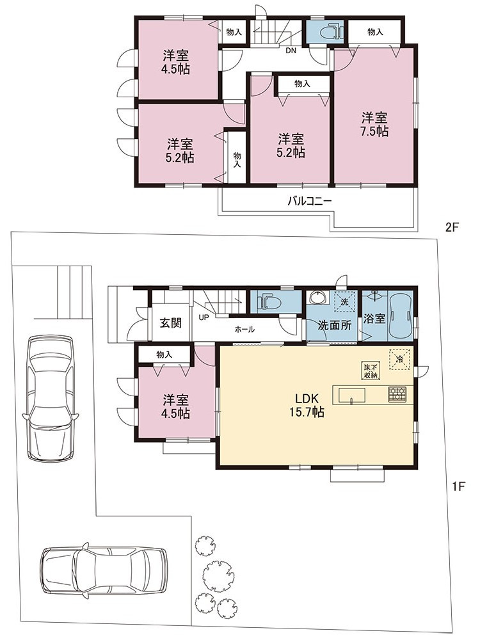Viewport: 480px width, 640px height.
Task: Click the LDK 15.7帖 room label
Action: [x=307, y=405]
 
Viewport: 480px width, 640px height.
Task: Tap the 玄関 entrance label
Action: [x=170, y=323]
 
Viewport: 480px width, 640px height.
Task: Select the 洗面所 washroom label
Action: [x=335, y=325]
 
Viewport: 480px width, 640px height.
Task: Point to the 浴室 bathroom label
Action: [x=374, y=318]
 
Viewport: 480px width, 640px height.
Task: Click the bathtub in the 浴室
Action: [x=401, y=317]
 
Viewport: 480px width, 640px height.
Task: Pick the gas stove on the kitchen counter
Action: [x=397, y=394]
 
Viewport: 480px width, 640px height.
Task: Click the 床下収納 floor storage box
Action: [x=371, y=370]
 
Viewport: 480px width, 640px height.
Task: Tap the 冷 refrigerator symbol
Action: [x=400, y=360]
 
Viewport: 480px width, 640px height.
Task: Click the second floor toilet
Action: [x=330, y=31]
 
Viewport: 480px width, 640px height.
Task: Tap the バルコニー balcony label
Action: [x=309, y=201]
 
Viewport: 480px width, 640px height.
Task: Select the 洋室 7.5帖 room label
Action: [x=374, y=125]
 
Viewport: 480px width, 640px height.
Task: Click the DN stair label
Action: [x=291, y=51]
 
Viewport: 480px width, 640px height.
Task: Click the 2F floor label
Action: [x=452, y=227]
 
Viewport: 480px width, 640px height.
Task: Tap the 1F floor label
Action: [x=458, y=486]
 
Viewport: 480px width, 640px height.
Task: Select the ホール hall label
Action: [x=244, y=329]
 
